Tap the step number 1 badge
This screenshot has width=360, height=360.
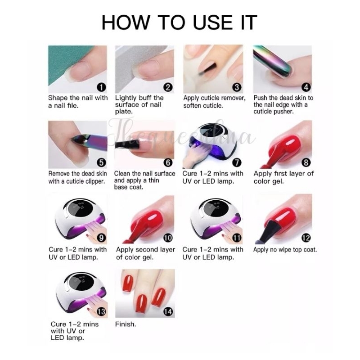click(102, 87)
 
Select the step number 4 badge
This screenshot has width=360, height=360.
click(306, 87)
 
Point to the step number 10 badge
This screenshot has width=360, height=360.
click(168, 238)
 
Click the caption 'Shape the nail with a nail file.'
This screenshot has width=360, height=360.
click(78, 102)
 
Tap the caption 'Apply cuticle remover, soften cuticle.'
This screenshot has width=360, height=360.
click(214, 102)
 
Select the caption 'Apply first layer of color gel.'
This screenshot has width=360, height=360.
click(283, 177)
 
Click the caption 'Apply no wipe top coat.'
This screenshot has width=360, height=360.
click(285, 249)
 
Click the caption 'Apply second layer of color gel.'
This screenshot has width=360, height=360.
click(145, 253)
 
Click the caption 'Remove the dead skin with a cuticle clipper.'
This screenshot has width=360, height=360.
click(76, 177)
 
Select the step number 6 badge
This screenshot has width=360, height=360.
click(168, 162)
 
